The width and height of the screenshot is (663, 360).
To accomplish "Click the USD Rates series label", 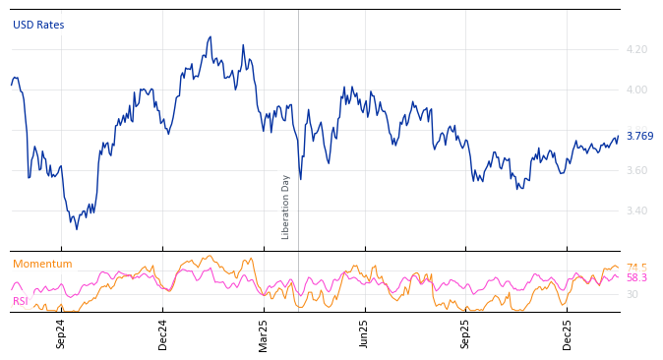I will [x=38, y=25].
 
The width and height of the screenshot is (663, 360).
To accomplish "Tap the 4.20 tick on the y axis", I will [x=636, y=49].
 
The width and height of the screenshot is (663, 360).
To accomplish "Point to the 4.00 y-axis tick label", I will [x=636, y=90].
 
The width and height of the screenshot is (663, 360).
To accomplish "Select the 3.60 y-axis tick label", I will [x=636, y=171].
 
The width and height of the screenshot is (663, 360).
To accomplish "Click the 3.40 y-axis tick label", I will [x=636, y=211].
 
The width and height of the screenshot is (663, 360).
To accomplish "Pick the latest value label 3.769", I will [x=639, y=137].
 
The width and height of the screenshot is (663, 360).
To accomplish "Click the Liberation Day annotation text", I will [x=286, y=207].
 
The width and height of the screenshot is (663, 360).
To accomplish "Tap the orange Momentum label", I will [x=42, y=265].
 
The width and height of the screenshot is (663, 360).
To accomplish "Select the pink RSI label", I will [x=21, y=301].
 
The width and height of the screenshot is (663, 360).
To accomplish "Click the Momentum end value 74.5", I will [x=636, y=268].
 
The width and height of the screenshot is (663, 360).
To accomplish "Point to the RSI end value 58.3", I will [x=636, y=278].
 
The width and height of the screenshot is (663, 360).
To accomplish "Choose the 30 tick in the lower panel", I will [x=633, y=294].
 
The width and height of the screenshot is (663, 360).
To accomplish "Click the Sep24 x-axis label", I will [x=61, y=333].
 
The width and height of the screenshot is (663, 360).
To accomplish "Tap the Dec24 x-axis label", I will [x=163, y=333].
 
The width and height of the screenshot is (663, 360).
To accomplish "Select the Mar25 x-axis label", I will [x=264, y=333].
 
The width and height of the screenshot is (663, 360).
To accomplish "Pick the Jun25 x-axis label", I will [x=365, y=333].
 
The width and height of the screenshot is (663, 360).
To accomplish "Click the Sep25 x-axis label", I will [x=466, y=333].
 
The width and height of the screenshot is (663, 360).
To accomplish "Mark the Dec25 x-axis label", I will [x=568, y=333].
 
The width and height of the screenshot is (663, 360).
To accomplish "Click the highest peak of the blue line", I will [x=211, y=37].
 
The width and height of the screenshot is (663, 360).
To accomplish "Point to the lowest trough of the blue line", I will [x=77, y=229].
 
